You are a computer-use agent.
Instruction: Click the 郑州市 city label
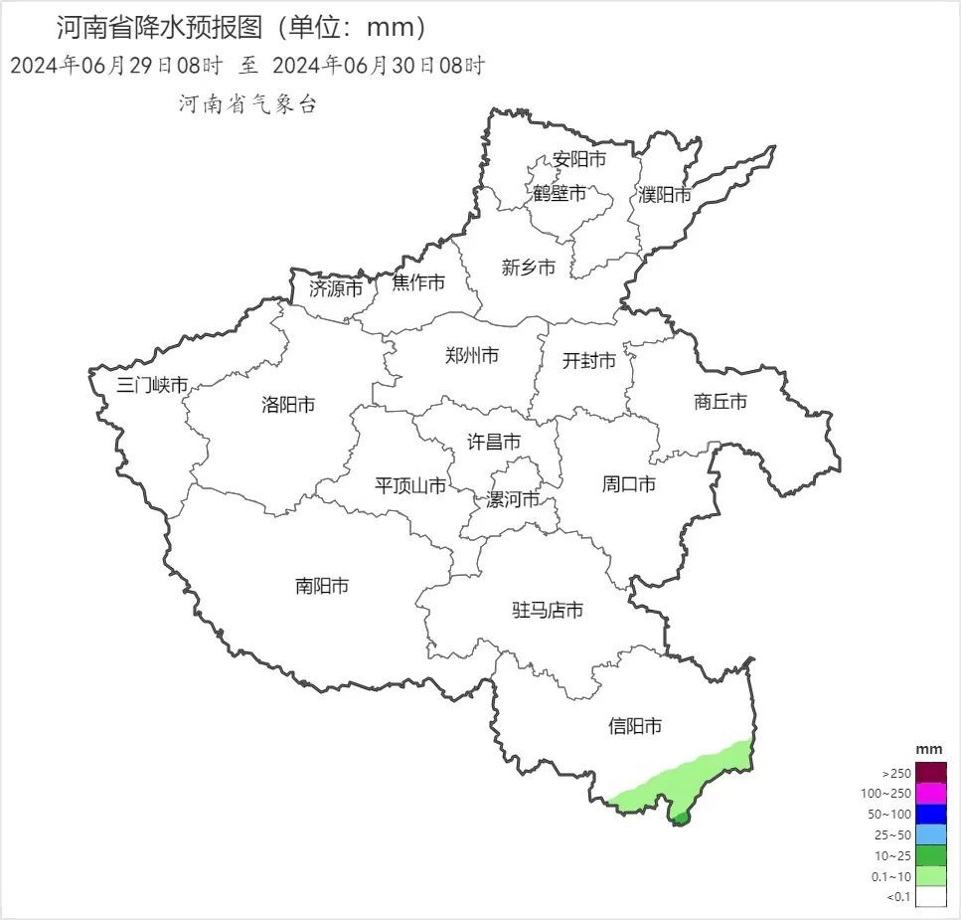click(x=472, y=355)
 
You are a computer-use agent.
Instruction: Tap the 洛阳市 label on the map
click(x=288, y=405)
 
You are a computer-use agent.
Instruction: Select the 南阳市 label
click(x=322, y=586)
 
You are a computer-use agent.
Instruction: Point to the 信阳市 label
click(x=635, y=727)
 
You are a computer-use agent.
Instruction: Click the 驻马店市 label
click(x=548, y=610)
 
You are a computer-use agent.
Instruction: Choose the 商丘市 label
click(x=721, y=402)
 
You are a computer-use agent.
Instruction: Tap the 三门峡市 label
click(x=152, y=385)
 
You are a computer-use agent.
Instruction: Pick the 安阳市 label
click(x=579, y=159)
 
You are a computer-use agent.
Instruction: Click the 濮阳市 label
click(x=665, y=195)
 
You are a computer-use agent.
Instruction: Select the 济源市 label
click(x=336, y=289)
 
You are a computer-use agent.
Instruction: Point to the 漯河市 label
click(x=513, y=498)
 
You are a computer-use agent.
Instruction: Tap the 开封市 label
click(x=589, y=360)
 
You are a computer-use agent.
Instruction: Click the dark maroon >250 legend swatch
click(x=931, y=773)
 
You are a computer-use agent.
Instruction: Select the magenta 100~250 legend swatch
click(x=931, y=794)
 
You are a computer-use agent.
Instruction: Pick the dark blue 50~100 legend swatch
click(x=931, y=815)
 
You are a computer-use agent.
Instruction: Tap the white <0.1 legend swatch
click(x=931, y=897)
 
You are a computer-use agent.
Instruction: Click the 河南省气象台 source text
click(x=247, y=104)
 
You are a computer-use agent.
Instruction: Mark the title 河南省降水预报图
click(x=164, y=27)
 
